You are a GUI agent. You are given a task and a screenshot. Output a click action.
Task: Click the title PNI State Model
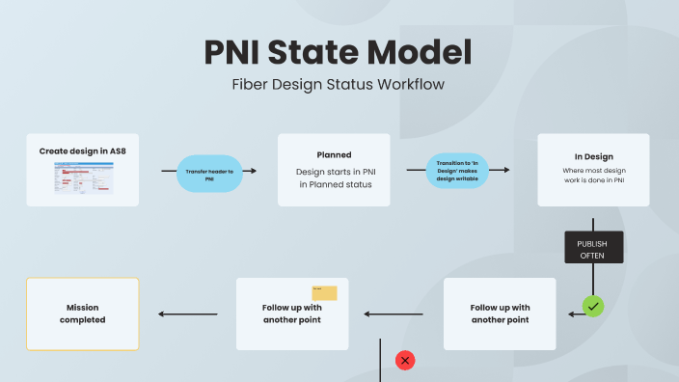pyautogui.click(x=338, y=52)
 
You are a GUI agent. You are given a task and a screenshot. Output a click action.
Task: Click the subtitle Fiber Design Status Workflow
pyautogui.click(x=338, y=84)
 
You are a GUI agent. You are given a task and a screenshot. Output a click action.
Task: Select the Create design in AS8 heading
pyautogui.click(x=82, y=150)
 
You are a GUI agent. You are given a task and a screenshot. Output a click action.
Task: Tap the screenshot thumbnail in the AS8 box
pyautogui.click(x=82, y=177)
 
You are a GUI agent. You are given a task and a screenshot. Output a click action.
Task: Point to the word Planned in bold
pyautogui.click(x=334, y=154)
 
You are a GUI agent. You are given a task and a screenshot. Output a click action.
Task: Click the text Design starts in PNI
pyautogui.click(x=334, y=172)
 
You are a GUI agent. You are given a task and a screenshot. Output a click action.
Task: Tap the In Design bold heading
pyautogui.click(x=593, y=156)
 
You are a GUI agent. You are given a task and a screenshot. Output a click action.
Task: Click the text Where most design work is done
pyautogui.click(x=593, y=176)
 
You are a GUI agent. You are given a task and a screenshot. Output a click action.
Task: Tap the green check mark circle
pyautogui.click(x=593, y=307)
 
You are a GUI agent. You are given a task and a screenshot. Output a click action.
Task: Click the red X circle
pyautogui.click(x=405, y=360)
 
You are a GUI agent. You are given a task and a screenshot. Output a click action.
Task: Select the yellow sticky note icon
pyautogui.click(x=324, y=292)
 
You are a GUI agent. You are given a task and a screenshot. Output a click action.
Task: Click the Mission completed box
pyautogui.click(x=82, y=314)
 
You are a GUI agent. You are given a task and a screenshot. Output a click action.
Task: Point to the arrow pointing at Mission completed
pyautogui.click(x=187, y=314)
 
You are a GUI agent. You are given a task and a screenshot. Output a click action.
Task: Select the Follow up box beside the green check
pyautogui.click(x=500, y=314)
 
